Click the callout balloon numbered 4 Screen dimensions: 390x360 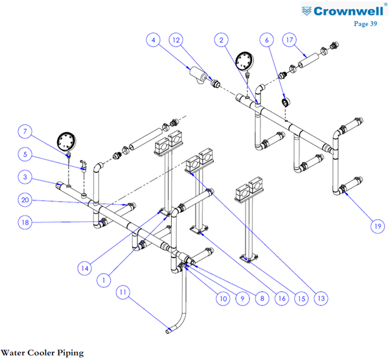pyautogui.click(x=153, y=40)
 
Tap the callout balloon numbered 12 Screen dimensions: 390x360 pyautogui.click(x=176, y=40)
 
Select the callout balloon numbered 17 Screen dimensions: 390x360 pyautogui.click(x=290, y=40)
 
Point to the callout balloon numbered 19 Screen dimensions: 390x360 pyautogui.click(x=378, y=226)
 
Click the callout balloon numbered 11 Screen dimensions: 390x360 pyautogui.click(x=123, y=292)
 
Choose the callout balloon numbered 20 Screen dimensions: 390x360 pyautogui.click(x=25, y=200)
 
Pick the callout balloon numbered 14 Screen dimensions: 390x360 pyautogui.click(x=85, y=268)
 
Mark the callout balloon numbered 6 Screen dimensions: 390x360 pyautogui.click(x=267, y=40)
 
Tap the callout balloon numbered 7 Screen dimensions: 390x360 pyautogui.click(x=25, y=132)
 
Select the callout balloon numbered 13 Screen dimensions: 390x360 pyautogui.click(x=321, y=298)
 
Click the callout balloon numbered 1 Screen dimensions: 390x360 pyautogui.click(x=104, y=280)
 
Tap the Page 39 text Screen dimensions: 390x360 pyautogui.click(x=365, y=23)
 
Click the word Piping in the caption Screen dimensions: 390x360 pyautogui.click(x=71, y=353)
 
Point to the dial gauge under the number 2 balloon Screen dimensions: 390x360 pyautogui.click(x=244, y=61)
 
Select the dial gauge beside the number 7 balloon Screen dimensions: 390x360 pyautogui.click(x=67, y=141)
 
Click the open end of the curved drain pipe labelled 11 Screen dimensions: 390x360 pyautogui.click(x=168, y=331)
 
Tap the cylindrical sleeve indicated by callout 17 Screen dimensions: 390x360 pyautogui.click(x=308, y=60)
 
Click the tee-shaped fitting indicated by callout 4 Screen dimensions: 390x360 pyautogui.click(x=198, y=75)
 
